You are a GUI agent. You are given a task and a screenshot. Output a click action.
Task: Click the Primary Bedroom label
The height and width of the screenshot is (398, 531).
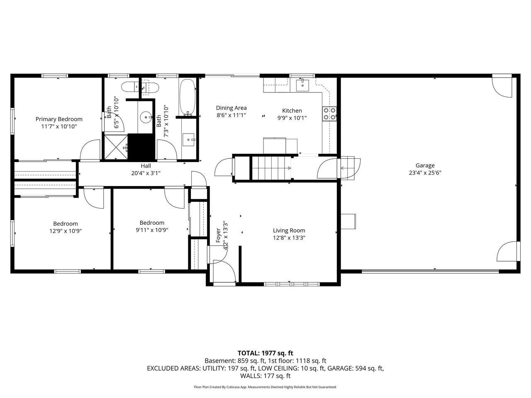pyautogui.click(x=59, y=119)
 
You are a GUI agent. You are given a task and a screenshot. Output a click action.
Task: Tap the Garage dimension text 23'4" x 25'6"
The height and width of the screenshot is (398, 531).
pyautogui.click(x=425, y=173)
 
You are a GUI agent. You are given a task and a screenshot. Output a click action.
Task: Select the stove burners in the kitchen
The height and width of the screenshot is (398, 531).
pyautogui.click(x=329, y=114)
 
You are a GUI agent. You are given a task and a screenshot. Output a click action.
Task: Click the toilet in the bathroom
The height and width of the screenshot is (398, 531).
pyautogui.click(x=130, y=87)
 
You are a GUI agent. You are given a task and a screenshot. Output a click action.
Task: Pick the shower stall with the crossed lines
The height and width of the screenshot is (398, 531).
pyautogui.click(x=116, y=147)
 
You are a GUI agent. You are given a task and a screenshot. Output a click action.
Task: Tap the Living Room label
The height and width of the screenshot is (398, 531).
pyautogui.click(x=289, y=231)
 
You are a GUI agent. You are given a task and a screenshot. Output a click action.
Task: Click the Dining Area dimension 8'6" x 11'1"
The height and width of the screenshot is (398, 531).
pyautogui.click(x=231, y=115)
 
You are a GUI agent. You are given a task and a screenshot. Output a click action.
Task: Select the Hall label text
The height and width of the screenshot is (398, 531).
pyautogui.click(x=146, y=166)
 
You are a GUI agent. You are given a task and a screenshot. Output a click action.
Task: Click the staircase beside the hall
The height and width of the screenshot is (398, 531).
pyautogui.click(x=271, y=168)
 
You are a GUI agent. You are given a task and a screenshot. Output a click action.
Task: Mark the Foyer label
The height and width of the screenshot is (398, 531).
pyautogui.click(x=218, y=235)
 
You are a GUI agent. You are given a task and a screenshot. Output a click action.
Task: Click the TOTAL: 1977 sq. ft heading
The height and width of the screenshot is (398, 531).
pyautogui.click(x=265, y=353)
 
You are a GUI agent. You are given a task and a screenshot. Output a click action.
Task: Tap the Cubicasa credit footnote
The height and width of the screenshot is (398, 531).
pyautogui.click(x=265, y=387)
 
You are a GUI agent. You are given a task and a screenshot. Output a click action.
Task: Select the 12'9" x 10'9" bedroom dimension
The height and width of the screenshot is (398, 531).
pyautogui.click(x=66, y=231)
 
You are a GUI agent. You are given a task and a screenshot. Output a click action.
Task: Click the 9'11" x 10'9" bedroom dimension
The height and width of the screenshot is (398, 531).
pyautogui.click(x=152, y=230)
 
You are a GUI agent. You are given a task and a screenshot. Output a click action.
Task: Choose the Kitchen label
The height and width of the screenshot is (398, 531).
pyautogui.click(x=292, y=111)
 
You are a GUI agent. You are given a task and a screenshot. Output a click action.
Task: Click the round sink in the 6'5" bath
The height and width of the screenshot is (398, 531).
pyautogui.click(x=145, y=117)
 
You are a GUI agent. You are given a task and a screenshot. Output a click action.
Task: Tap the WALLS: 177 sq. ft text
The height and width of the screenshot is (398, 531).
pyautogui.click(x=265, y=376)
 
